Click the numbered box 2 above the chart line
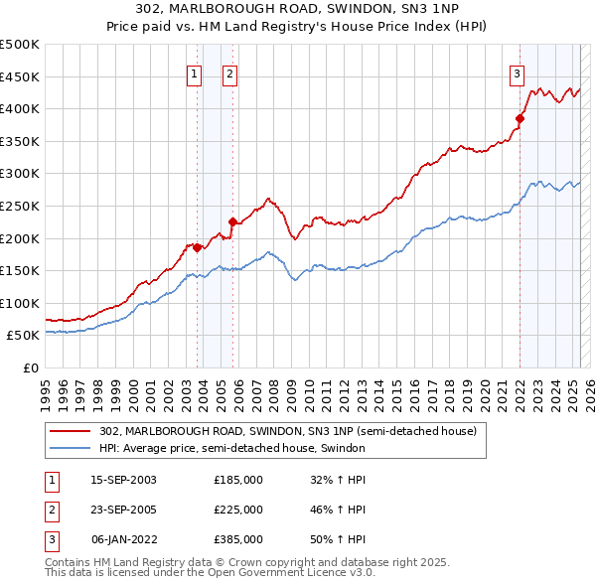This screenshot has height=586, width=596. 229,73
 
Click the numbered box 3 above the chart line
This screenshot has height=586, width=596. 518,73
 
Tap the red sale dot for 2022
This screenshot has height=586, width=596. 520,118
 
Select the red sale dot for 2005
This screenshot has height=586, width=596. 232,221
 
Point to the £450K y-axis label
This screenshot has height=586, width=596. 21,76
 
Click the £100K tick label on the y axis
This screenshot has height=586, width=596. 21,303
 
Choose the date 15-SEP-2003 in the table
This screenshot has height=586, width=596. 123,481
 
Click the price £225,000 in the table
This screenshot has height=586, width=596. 238,510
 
